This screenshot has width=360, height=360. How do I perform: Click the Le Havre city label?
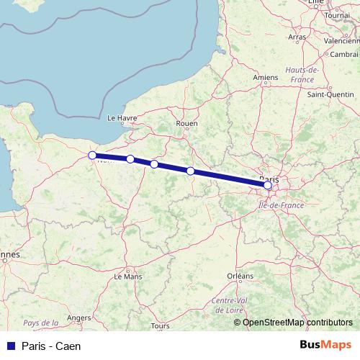pos(121,117)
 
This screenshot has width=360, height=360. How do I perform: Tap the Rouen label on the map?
pos(186,123)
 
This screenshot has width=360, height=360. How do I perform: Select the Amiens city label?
pos(266,77)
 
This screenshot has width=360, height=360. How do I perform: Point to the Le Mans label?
pos(128,276)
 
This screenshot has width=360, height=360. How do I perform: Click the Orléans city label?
pos(240,276)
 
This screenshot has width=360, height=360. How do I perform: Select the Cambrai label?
pos(345,54)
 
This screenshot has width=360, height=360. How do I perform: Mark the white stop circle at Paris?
pos(268,186)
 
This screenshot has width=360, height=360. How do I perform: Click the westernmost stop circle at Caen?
pos(92,156)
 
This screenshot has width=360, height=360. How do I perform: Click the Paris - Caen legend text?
pos(51,346)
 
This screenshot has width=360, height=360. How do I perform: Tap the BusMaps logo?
pos(326,345)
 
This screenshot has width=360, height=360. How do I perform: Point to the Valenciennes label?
pos(343,41)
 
